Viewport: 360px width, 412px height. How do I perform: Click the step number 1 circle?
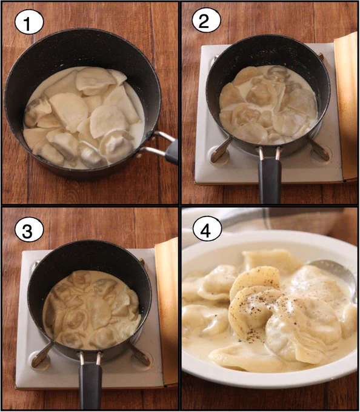tap(28, 23)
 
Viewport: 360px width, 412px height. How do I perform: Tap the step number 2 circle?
tap(206, 22)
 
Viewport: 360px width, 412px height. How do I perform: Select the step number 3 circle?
tap(28, 231)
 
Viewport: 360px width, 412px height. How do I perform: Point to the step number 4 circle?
tap(207, 231)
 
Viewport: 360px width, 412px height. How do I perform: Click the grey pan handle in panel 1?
tap(172, 153)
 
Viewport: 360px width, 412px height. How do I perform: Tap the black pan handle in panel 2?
tap(270, 181)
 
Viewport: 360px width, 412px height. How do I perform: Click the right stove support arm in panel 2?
tap(319, 149)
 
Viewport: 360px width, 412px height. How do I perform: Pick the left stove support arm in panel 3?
tap(42, 354)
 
